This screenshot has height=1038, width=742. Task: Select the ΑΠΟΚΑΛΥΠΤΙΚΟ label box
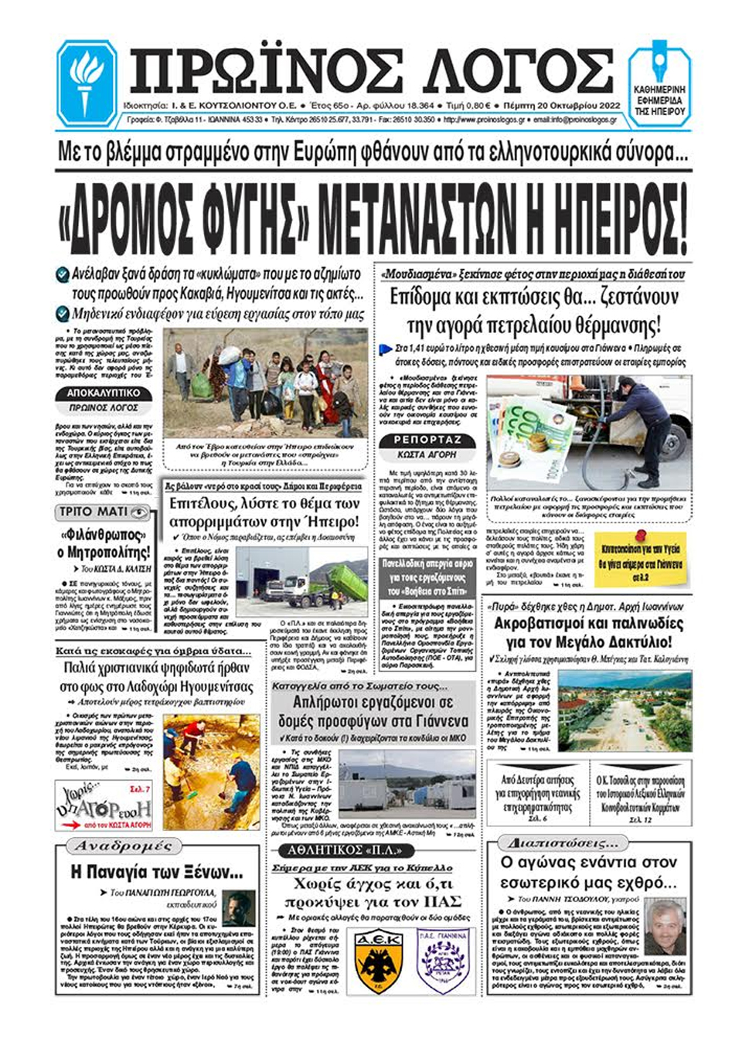(x=102, y=393)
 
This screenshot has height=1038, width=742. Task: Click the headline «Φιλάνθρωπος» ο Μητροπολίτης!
(x=104, y=544)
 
